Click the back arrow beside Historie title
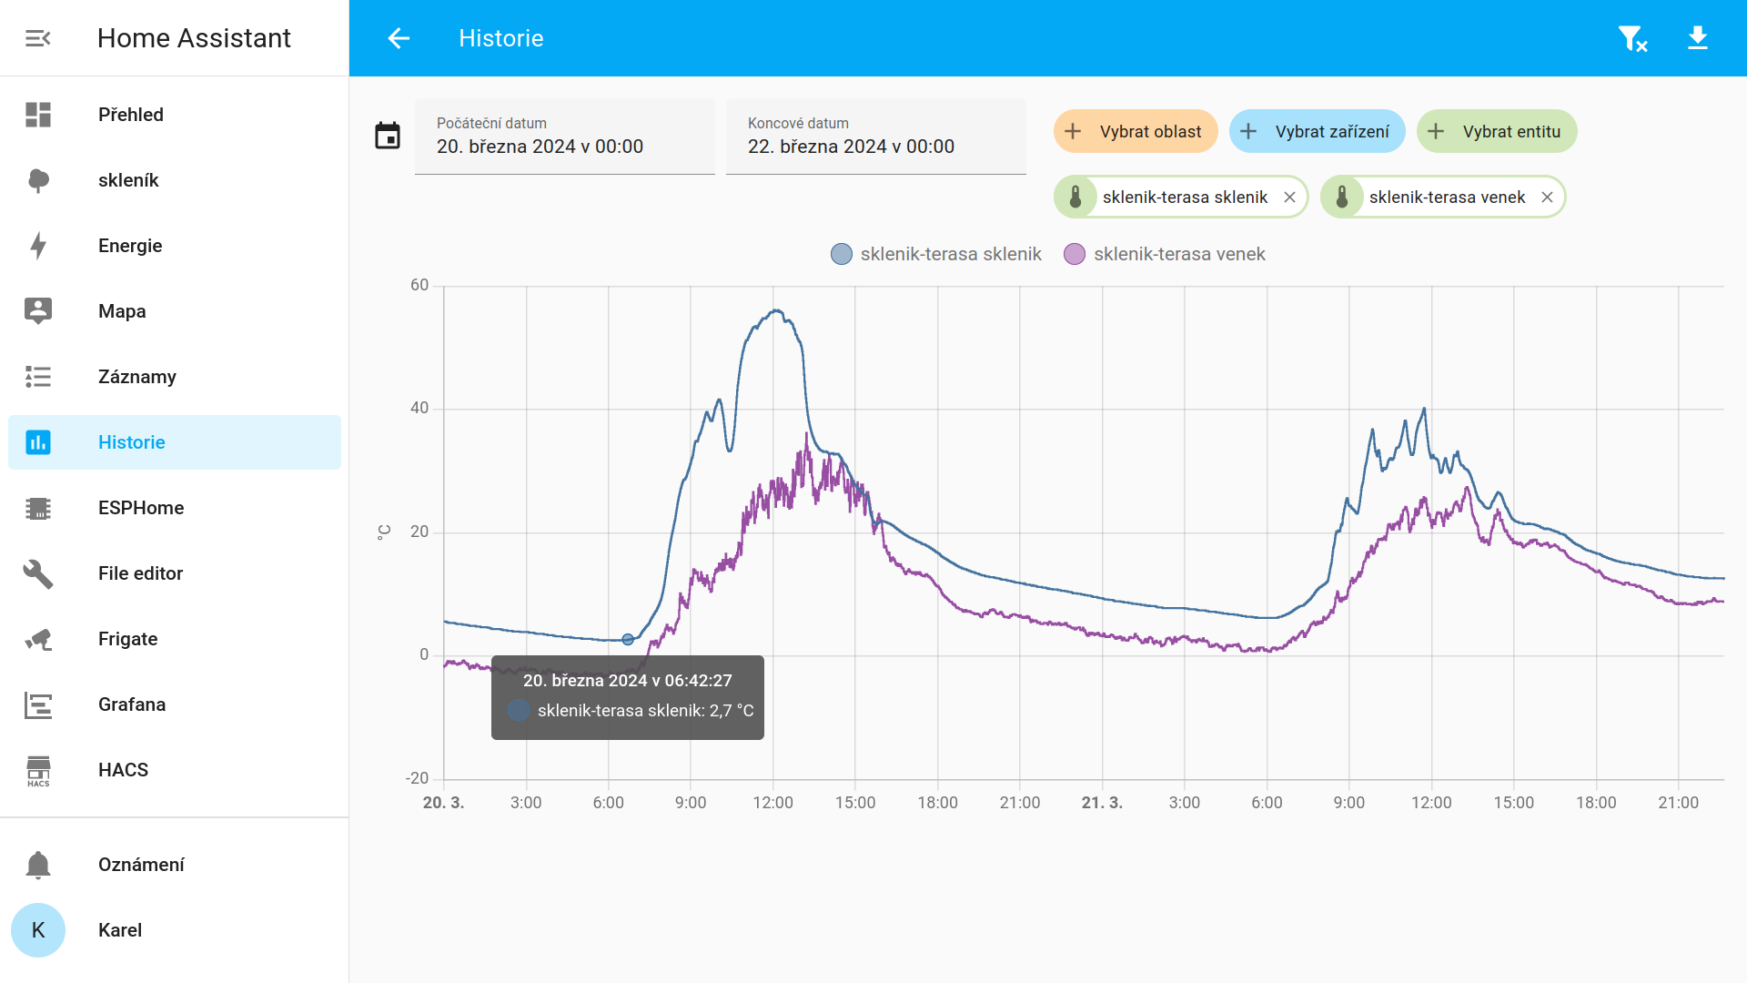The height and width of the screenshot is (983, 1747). click(x=399, y=38)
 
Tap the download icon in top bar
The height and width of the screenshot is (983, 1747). click(x=1698, y=38)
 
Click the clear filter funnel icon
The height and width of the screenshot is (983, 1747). click(x=1632, y=38)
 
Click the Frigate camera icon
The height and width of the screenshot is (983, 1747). click(x=38, y=639)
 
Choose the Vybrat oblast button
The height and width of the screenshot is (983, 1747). click(x=1136, y=132)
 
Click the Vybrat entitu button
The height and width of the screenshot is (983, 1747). click(x=1497, y=132)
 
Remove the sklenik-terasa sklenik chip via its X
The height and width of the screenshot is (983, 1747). click(x=1289, y=198)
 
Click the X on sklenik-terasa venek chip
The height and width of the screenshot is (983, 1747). click(x=1547, y=198)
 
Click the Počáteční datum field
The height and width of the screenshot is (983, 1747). click(x=565, y=137)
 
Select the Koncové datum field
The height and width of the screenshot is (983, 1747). click(x=876, y=137)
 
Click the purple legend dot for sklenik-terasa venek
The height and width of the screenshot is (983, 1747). click(x=1075, y=254)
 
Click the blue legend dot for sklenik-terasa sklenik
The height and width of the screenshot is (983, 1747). click(x=842, y=254)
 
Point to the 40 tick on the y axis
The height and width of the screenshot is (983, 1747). click(x=419, y=409)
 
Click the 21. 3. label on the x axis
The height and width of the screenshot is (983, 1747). click(x=1102, y=803)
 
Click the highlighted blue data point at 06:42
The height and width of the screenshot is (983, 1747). click(x=628, y=640)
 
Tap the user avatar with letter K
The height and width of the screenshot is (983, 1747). click(x=38, y=930)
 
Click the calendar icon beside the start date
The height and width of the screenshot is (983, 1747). click(x=388, y=136)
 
